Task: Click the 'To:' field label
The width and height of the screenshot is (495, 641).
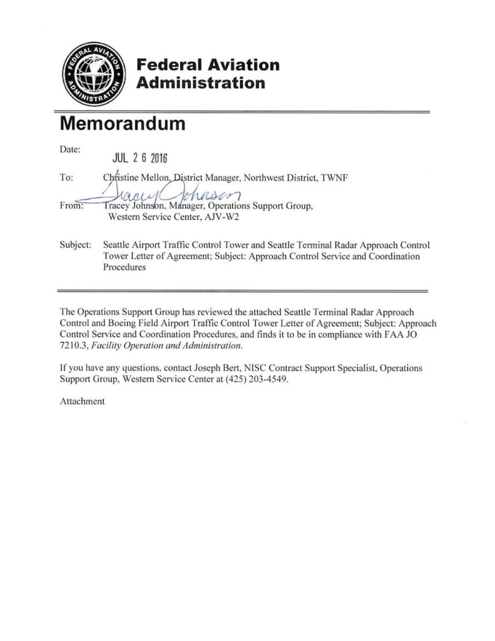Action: point(66,177)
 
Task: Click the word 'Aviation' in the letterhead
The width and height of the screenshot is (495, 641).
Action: point(239,65)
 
